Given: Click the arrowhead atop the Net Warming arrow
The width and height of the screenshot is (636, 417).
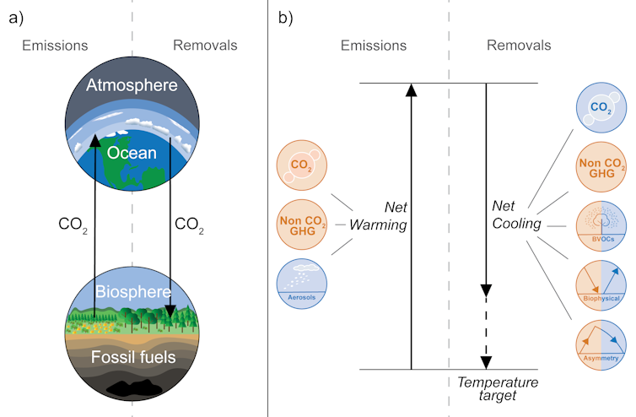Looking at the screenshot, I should (x=411, y=91).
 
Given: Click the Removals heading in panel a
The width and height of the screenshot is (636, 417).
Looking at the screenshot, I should (x=205, y=45).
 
